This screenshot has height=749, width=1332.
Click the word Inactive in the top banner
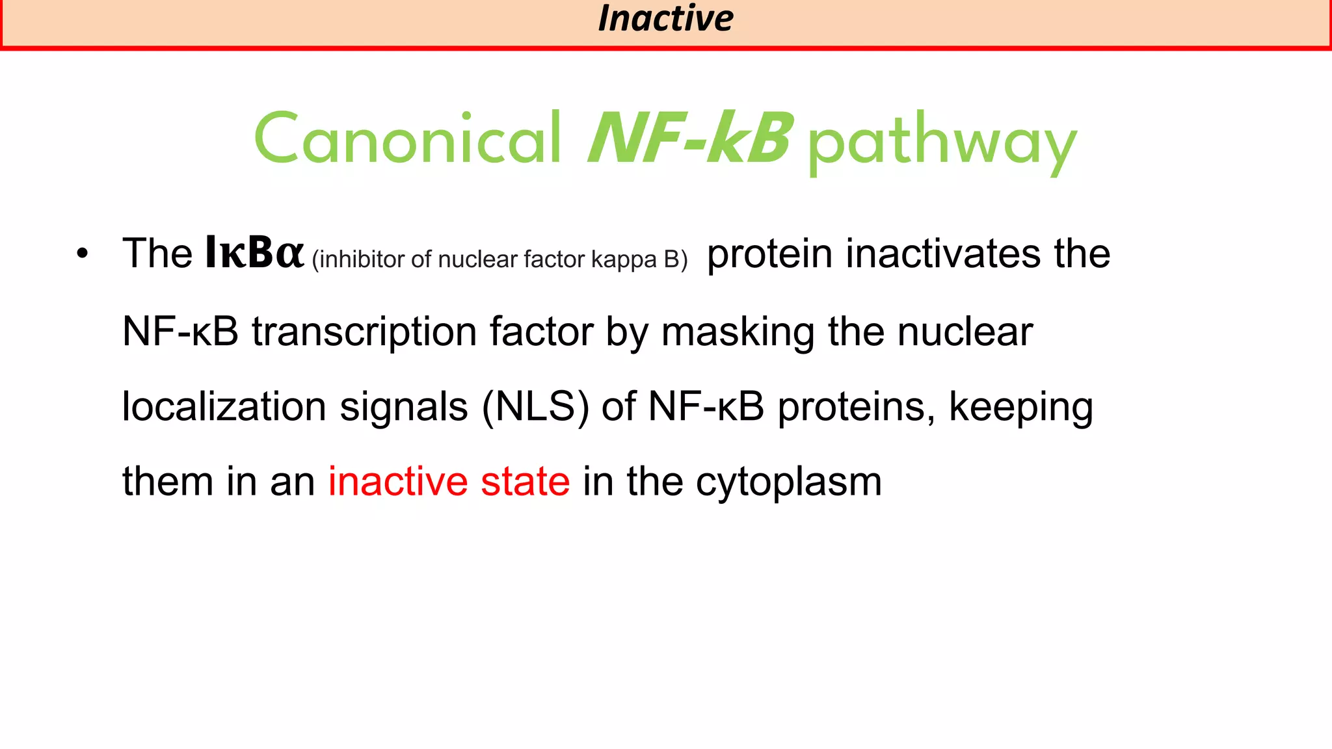(x=665, y=18)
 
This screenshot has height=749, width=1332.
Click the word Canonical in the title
(x=408, y=139)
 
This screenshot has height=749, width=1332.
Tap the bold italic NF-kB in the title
(x=689, y=139)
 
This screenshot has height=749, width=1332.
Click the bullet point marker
(x=81, y=254)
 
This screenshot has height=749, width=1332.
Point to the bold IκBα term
(x=254, y=253)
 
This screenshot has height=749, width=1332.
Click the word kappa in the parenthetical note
(x=624, y=260)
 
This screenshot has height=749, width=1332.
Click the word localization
(x=224, y=407)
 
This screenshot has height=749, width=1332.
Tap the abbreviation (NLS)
(x=535, y=407)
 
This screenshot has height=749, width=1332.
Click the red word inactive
(x=397, y=482)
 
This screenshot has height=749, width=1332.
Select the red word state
(x=525, y=482)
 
